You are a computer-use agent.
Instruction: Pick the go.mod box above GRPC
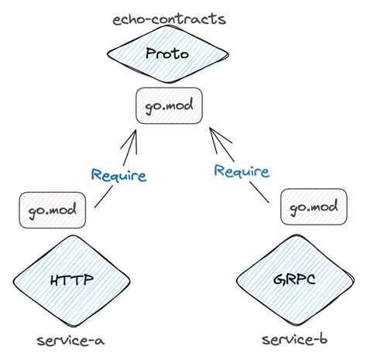314,207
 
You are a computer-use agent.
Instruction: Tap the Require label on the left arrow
118,175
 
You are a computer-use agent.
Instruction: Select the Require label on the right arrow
242,170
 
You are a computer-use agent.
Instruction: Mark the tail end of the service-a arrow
94,207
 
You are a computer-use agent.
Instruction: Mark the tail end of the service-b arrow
268,203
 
